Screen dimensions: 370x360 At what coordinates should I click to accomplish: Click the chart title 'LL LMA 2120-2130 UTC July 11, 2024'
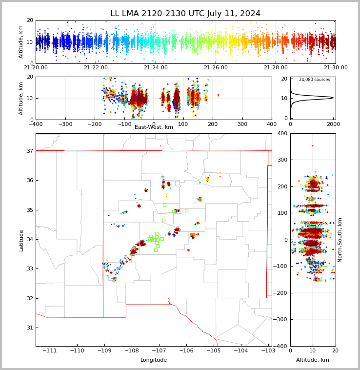pyautogui.click(x=185, y=14)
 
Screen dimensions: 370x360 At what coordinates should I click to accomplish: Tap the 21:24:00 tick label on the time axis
pyautogui.click(x=156, y=68)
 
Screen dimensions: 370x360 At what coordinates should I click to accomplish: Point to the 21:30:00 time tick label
pyautogui.click(x=335, y=68)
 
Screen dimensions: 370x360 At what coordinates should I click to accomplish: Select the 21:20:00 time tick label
pyautogui.click(x=36, y=68)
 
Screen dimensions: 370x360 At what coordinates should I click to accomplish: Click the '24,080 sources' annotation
pyautogui.click(x=314, y=80)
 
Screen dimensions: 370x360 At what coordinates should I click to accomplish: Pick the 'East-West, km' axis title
pyautogui.click(x=154, y=127)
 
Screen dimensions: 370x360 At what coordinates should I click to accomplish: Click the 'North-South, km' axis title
pyautogui.click(x=340, y=240)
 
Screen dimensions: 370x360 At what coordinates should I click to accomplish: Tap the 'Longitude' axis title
pyautogui.click(x=154, y=360)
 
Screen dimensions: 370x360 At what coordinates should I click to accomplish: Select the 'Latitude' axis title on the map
pyautogui.click(x=21, y=240)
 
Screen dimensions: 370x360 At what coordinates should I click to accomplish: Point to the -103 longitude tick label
pyautogui.click(x=268, y=351)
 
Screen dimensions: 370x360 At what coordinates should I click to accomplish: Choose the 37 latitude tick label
pyautogui.click(x=29, y=151)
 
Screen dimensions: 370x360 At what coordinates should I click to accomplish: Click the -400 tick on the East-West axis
pyautogui.click(x=36, y=124)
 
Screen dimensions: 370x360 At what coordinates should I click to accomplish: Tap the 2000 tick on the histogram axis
pyautogui.click(x=334, y=124)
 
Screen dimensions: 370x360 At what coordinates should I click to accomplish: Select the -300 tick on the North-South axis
pyautogui.click(x=281, y=320)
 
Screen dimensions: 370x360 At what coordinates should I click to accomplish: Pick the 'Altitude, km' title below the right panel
pyautogui.click(x=313, y=360)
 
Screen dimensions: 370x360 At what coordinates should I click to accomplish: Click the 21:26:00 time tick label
pyautogui.click(x=216, y=68)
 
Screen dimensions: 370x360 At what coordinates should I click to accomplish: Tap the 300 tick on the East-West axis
pyautogui.click(x=242, y=124)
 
